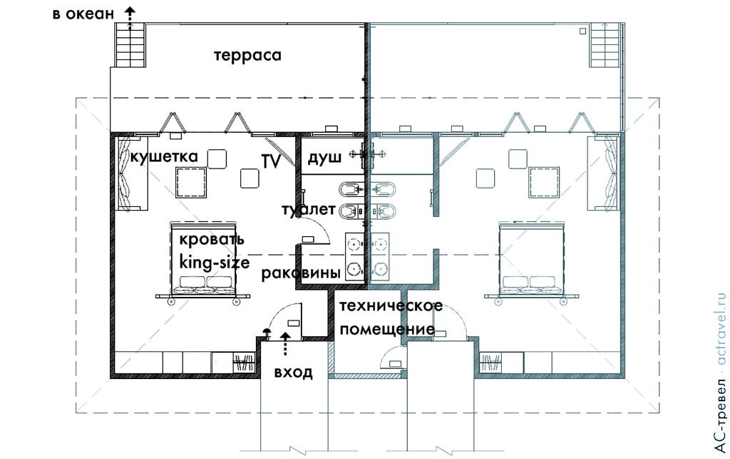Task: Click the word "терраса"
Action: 247,56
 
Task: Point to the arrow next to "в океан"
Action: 130,12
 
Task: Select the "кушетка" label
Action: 163,156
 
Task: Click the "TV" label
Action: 270,161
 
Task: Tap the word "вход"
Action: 293,372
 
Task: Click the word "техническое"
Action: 391,306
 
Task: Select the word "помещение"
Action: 387,330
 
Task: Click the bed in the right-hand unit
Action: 533,258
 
